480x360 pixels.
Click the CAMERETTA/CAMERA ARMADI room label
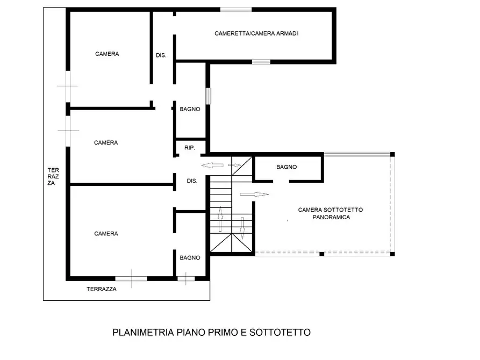256,33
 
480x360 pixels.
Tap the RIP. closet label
190,148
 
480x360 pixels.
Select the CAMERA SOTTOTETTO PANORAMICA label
331,213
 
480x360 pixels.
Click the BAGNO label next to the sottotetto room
286,167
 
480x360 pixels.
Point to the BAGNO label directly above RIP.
190,109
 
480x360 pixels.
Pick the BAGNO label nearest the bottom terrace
190,258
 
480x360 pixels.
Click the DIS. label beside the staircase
192,181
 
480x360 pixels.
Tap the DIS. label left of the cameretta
161,55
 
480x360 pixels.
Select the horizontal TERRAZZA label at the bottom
102,289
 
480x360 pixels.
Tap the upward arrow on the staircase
220,219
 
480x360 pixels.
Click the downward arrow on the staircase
242,228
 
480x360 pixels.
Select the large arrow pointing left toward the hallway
212,165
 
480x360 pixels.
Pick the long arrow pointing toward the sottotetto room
254,194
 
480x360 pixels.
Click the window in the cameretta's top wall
236,10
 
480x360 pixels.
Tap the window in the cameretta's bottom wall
261,62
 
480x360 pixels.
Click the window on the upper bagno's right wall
208,96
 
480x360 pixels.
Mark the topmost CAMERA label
107,54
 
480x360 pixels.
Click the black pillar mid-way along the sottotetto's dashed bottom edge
322,254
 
